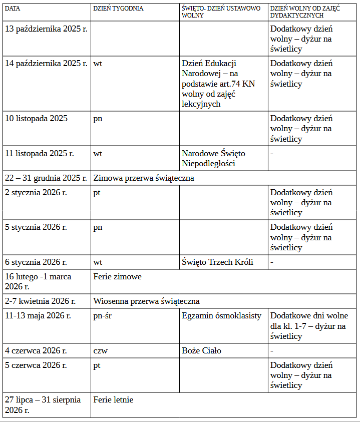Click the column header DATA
pyautogui.click(x=13, y=9)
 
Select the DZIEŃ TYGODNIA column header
pyautogui.click(x=118, y=9)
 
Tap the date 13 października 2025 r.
pyautogui.click(x=46, y=29)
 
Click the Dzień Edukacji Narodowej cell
pyautogui.click(x=218, y=84)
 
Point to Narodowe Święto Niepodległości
pyautogui.click(x=214, y=158)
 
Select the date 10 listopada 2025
pyautogui.click(x=37, y=119)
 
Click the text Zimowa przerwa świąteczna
pyautogui.click(x=144, y=178)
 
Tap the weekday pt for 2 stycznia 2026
pyautogui.click(x=97, y=193)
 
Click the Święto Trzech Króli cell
pyautogui.click(x=218, y=262)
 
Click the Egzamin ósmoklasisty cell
pyautogui.click(x=222, y=316)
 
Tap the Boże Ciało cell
pyautogui.click(x=202, y=350)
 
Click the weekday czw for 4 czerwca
pyautogui.click(x=101, y=350)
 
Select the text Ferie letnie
pyautogui.click(x=114, y=399)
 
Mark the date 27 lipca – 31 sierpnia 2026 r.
pyautogui.click(x=43, y=404)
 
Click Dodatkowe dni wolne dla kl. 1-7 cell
pyautogui.click(x=309, y=326)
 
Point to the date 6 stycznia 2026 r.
pyautogui.click(x=36, y=262)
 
